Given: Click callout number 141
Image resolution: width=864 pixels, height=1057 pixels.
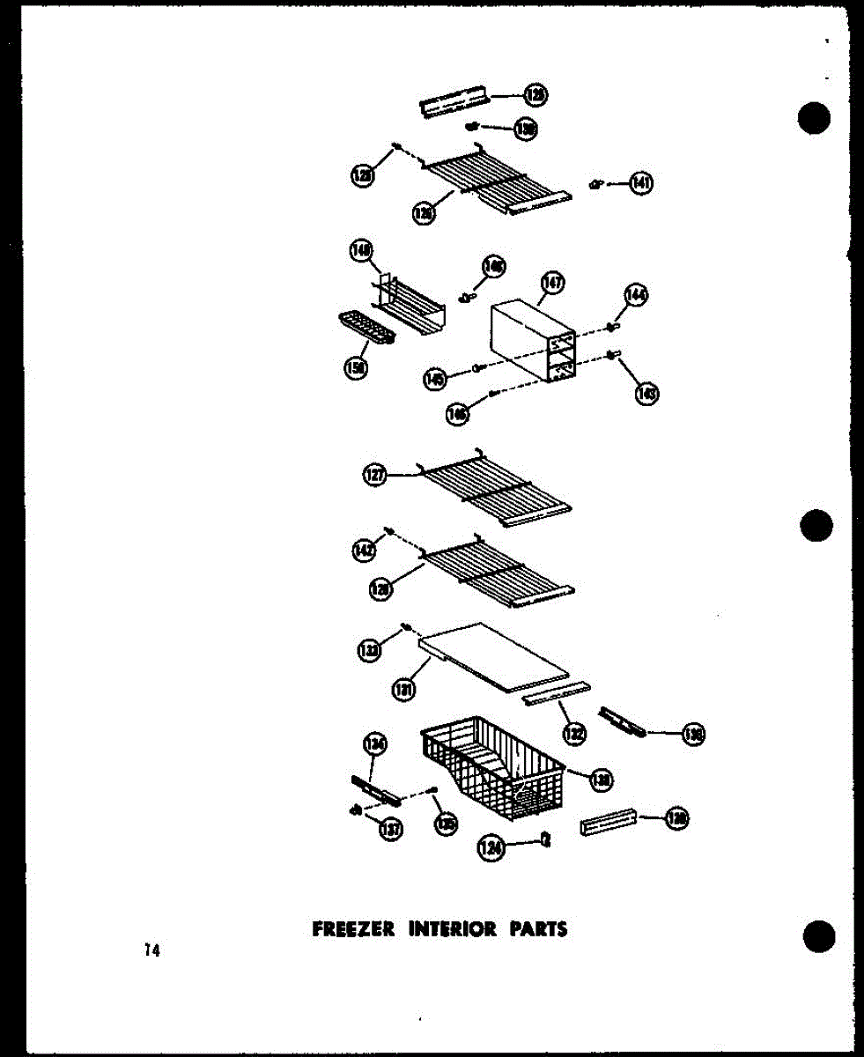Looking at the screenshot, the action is [x=641, y=183].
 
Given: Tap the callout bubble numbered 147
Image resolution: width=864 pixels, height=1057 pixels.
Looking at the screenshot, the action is [x=553, y=284].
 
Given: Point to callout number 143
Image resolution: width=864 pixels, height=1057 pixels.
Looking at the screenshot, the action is [x=647, y=394].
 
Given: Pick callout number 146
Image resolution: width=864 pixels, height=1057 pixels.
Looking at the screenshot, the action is [x=457, y=413].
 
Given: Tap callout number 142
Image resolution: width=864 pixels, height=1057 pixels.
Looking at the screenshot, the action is [x=364, y=551].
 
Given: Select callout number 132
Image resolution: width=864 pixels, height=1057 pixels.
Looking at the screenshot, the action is [x=574, y=729].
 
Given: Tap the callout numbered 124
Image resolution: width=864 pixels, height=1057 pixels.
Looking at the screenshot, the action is [x=490, y=847].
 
